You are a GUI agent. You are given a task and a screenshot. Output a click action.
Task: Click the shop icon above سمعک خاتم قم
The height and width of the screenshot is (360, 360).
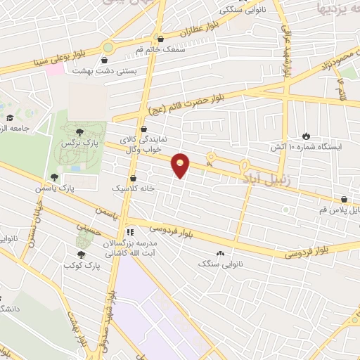tap(162, 39)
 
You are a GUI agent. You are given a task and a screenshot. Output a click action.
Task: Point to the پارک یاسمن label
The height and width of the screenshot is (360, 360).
tap(56, 188)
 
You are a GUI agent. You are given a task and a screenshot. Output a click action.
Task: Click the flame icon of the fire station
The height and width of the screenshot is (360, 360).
tap(306, 135)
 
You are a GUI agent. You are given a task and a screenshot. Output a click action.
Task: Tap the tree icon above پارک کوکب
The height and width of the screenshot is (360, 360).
tap(80, 255)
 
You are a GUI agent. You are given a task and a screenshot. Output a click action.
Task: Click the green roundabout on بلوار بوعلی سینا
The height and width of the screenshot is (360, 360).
tap(107, 48)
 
